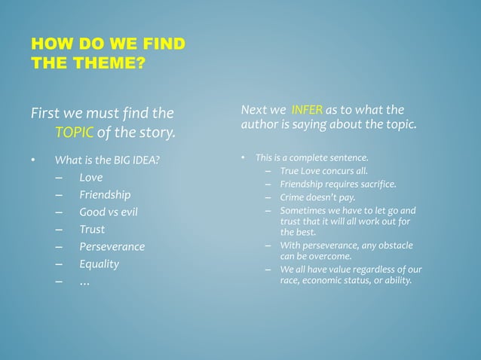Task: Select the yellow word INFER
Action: (307, 111)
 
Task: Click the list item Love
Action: (90, 178)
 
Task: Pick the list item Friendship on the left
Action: (105, 195)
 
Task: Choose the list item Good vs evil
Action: (108, 212)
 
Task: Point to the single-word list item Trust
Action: (92, 230)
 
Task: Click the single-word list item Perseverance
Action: (112, 247)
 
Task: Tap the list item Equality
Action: (99, 264)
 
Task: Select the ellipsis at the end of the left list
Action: (84, 282)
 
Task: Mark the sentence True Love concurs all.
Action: (323, 171)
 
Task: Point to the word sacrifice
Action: (375, 184)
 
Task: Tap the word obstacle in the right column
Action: (394, 246)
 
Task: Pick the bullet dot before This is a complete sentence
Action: (243, 158)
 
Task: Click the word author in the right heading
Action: (257, 124)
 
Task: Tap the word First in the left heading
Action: (45, 114)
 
